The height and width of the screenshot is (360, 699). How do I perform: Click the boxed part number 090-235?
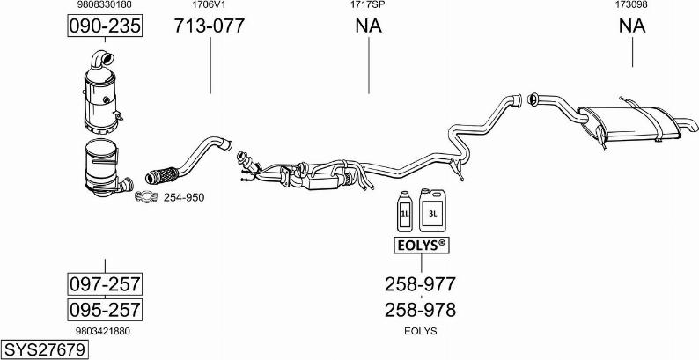[105, 26]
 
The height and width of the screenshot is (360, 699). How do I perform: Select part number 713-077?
[210, 26]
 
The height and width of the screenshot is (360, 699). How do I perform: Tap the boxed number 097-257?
[105, 283]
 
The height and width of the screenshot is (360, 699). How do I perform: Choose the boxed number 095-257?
[105, 310]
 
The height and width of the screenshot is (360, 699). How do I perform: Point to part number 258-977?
[421, 283]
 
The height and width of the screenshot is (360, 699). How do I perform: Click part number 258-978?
[421, 310]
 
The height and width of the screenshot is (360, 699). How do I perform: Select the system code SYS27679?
[44, 349]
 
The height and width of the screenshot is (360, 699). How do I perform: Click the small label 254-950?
[184, 197]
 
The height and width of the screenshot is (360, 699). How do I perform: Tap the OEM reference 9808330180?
[104, 5]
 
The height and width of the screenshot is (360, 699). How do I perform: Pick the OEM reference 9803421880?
[104, 332]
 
